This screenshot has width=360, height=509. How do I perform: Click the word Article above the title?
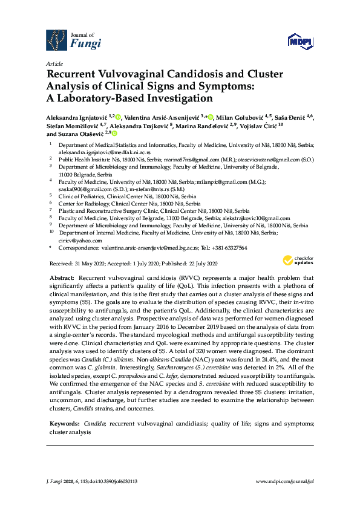(53, 63)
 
